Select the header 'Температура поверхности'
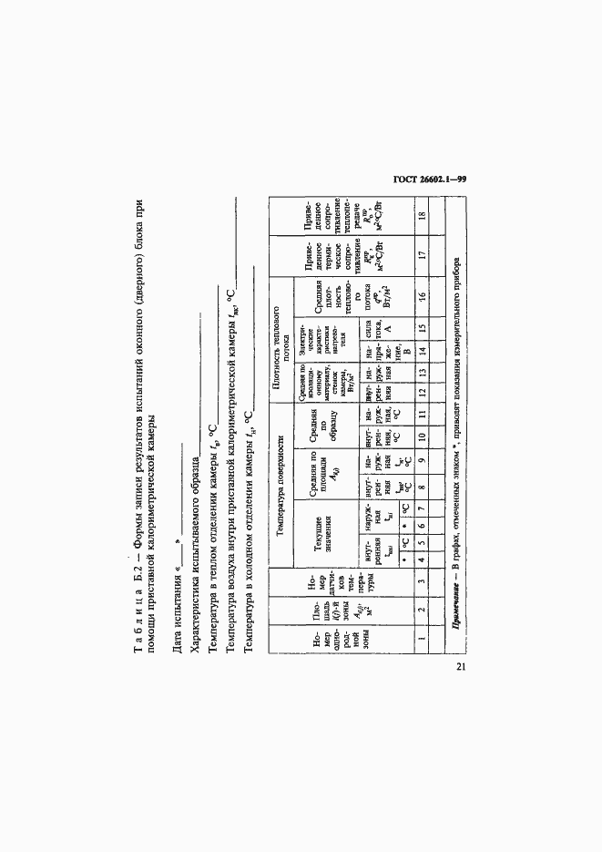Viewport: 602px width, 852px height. [280, 496]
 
